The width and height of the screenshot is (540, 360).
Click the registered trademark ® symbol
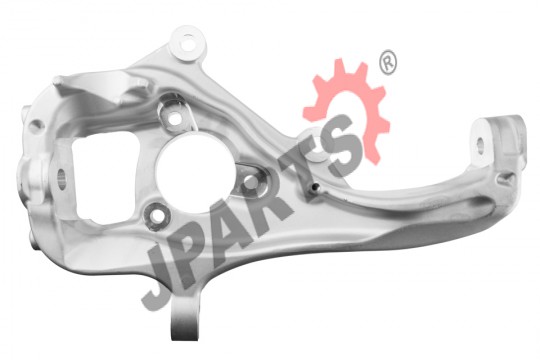(388, 62)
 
